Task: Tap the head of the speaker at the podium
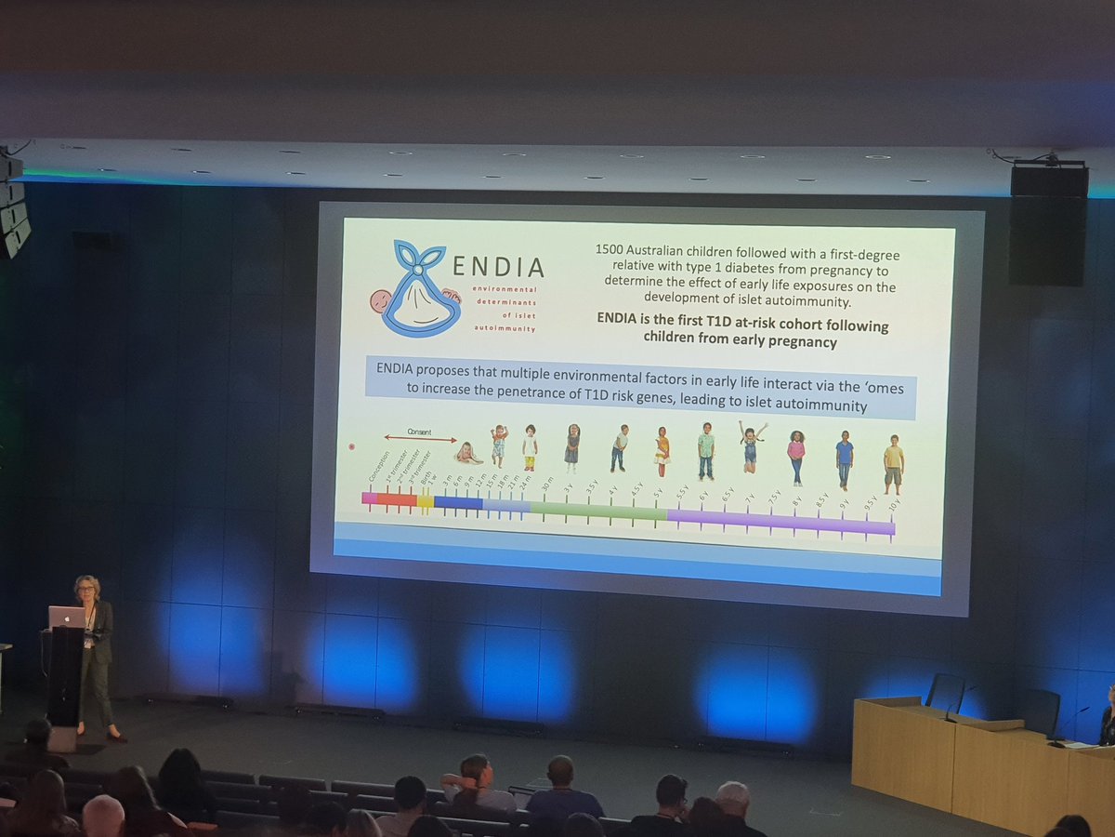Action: tap(87, 589)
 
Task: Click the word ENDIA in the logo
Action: tap(496, 268)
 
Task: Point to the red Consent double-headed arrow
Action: tap(420, 439)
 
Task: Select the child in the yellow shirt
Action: tap(893, 462)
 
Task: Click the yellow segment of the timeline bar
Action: tap(425, 501)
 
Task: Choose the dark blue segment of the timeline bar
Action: tap(457, 503)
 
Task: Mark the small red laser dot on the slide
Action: tap(351, 447)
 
